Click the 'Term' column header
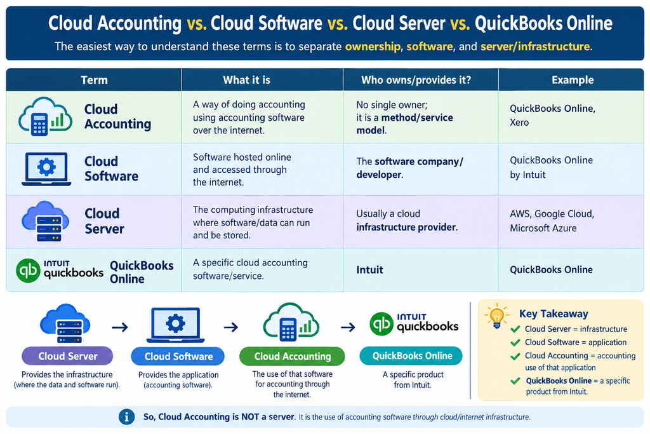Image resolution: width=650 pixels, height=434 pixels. click(x=94, y=79)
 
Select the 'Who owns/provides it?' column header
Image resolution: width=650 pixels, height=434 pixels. click(x=416, y=79)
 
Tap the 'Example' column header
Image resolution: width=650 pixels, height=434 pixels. click(x=573, y=79)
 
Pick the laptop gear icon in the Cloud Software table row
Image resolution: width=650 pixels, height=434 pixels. click(x=46, y=169)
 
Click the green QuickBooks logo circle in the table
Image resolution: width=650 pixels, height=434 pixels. click(x=28, y=271)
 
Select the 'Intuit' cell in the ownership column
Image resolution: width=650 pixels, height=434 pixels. click(x=369, y=269)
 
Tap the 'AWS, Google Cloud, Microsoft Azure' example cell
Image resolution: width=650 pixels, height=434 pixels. click(x=552, y=220)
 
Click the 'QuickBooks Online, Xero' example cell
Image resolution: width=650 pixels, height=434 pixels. click(x=552, y=116)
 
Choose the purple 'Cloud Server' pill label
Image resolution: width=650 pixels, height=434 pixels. click(x=67, y=356)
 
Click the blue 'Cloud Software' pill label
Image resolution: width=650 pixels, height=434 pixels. click(x=178, y=356)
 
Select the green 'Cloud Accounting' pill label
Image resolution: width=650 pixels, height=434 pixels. click(x=292, y=356)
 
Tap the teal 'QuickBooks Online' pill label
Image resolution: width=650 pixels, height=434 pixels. click(x=411, y=356)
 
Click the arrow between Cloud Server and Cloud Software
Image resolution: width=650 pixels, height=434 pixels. click(x=120, y=327)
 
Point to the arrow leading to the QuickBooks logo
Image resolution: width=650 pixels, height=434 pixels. click(x=348, y=327)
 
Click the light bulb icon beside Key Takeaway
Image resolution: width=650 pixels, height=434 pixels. click(x=496, y=315)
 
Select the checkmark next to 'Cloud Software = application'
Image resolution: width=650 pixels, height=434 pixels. click(x=515, y=342)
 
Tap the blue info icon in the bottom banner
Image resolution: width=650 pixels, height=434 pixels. click(x=126, y=417)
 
